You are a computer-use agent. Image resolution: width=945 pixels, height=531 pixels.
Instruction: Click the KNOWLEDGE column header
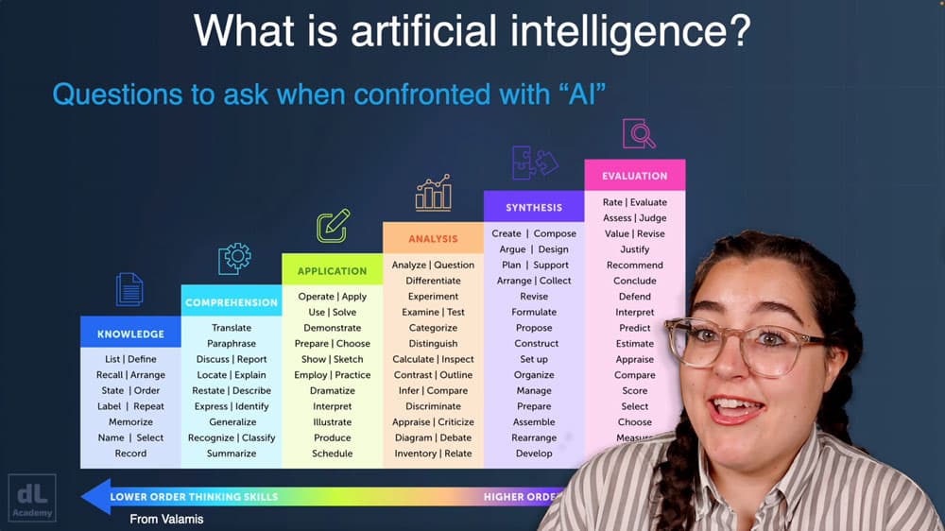(x=130, y=334)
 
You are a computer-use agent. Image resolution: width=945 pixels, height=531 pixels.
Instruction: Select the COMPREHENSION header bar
(x=232, y=302)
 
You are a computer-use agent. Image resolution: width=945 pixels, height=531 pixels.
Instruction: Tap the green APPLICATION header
(x=332, y=271)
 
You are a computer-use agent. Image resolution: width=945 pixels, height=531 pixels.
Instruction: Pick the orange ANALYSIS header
(x=433, y=239)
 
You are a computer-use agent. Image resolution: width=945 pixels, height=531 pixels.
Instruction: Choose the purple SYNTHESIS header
(x=534, y=207)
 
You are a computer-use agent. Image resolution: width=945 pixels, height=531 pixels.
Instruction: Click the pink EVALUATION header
(x=634, y=176)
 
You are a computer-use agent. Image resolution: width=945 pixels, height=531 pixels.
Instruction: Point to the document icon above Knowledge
(x=129, y=289)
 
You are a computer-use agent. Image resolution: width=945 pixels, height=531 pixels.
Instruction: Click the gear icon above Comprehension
(x=233, y=257)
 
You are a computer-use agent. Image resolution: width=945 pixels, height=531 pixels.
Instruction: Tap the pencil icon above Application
(x=333, y=226)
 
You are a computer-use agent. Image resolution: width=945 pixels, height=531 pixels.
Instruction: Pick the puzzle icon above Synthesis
(x=534, y=162)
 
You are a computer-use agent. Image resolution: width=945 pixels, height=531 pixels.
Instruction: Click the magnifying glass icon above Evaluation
(x=639, y=133)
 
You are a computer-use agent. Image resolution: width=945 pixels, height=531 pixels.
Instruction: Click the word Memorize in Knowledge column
(x=130, y=422)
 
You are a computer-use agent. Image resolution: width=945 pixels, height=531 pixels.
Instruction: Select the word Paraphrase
(x=232, y=344)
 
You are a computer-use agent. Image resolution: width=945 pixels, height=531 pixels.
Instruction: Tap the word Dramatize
(x=333, y=391)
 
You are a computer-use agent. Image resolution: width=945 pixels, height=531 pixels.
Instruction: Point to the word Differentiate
(x=433, y=281)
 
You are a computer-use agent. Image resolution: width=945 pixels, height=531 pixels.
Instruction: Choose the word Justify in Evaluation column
(x=635, y=249)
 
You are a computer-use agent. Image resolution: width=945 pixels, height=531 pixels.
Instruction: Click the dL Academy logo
(x=32, y=497)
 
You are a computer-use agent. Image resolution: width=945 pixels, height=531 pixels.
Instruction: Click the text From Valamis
(x=166, y=519)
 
